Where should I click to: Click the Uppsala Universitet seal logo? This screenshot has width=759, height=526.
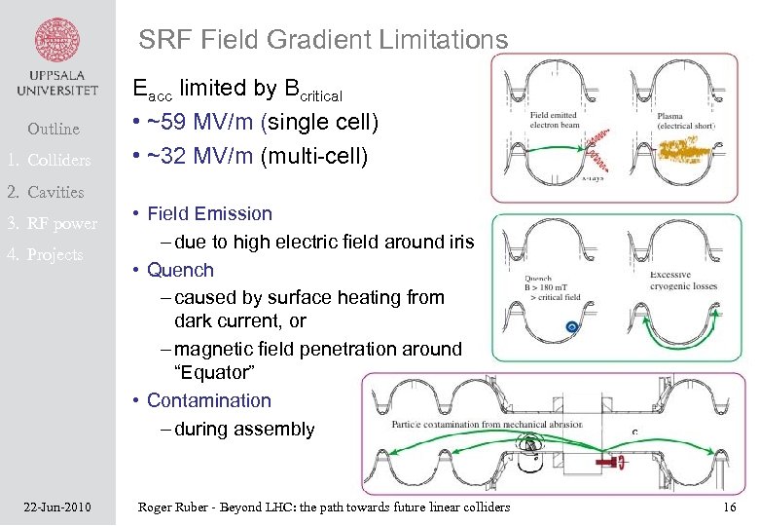pyautogui.click(x=57, y=42)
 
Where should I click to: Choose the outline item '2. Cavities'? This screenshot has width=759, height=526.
pyautogui.click(x=55, y=192)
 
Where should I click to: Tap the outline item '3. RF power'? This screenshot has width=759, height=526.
pyautogui.click(x=62, y=223)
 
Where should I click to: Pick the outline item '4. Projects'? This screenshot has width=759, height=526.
pyautogui.click(x=55, y=254)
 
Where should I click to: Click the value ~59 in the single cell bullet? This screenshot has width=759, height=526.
pyautogui.click(x=169, y=124)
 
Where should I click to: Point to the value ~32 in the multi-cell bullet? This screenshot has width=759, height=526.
pyautogui.click(x=169, y=156)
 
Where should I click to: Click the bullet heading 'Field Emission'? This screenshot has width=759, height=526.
pyautogui.click(x=209, y=213)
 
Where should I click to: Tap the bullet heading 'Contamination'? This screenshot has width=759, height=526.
pyautogui.click(x=208, y=400)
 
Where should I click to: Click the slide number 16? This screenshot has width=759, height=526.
pyautogui.click(x=730, y=507)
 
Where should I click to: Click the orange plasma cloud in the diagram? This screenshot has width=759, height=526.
pyautogui.click(x=694, y=148)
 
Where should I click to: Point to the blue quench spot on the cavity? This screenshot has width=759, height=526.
pyautogui.click(x=573, y=327)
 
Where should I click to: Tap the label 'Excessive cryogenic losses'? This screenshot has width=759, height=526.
pyautogui.click(x=683, y=282)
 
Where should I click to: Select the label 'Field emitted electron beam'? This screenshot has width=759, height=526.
pyautogui.click(x=553, y=121)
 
